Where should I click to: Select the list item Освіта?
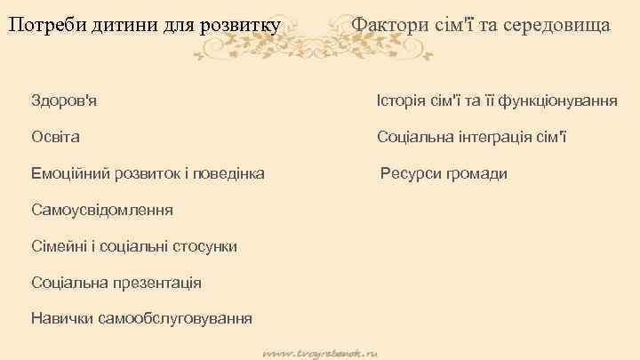click(55, 137)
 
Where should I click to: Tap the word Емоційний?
click(71, 173)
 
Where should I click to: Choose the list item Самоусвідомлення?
click(101, 210)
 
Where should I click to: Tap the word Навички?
click(62, 318)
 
